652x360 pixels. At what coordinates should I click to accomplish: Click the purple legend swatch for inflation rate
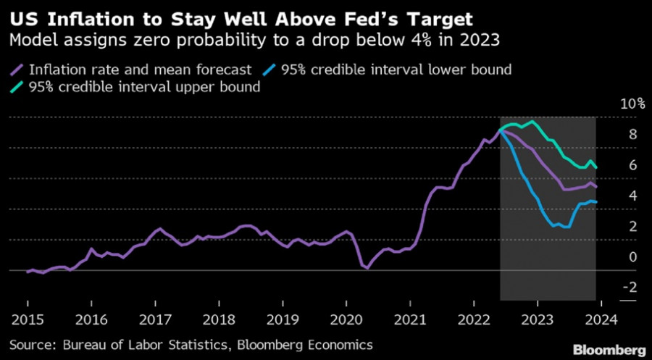click(18, 70)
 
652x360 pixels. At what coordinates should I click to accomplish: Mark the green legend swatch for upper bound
click(18, 87)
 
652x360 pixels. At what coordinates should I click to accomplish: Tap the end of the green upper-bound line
click(595, 167)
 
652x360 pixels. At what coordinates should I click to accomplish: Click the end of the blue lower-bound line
click(595, 202)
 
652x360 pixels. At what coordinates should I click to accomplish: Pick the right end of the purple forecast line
click(595, 186)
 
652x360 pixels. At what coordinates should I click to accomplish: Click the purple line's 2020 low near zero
click(367, 268)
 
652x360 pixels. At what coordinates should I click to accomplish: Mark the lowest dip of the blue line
click(567, 227)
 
